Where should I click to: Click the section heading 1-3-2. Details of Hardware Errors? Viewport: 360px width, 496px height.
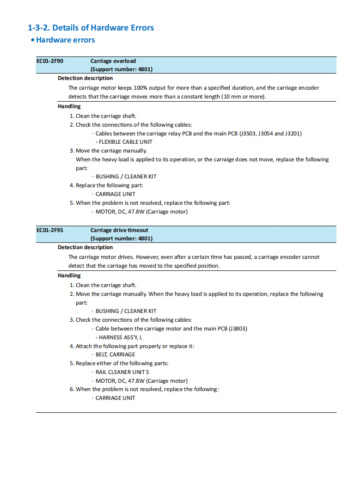tap(91, 28)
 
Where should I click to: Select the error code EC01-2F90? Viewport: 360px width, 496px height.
tap(50, 61)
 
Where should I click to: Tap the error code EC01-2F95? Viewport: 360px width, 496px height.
tap(50, 230)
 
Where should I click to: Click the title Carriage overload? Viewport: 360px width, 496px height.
tap(113, 61)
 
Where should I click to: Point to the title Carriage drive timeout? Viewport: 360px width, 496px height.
tap(119, 230)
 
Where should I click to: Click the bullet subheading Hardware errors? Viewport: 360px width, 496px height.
tap(65, 40)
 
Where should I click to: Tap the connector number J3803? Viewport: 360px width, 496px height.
tap(237, 329)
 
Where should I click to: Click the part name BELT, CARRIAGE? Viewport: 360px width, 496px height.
tap(115, 355)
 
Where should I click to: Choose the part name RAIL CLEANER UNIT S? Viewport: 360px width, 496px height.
tap(122, 372)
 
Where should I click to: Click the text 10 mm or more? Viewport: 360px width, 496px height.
tap(243, 97)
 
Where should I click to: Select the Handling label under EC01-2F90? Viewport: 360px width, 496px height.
tap(69, 106)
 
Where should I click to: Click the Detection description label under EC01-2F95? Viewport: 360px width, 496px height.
tap(85, 247)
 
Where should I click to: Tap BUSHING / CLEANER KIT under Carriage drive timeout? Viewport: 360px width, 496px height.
tap(126, 311)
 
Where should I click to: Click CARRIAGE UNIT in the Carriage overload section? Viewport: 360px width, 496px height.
tap(115, 194)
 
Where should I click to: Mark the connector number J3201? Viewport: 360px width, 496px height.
tap(293, 134)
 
